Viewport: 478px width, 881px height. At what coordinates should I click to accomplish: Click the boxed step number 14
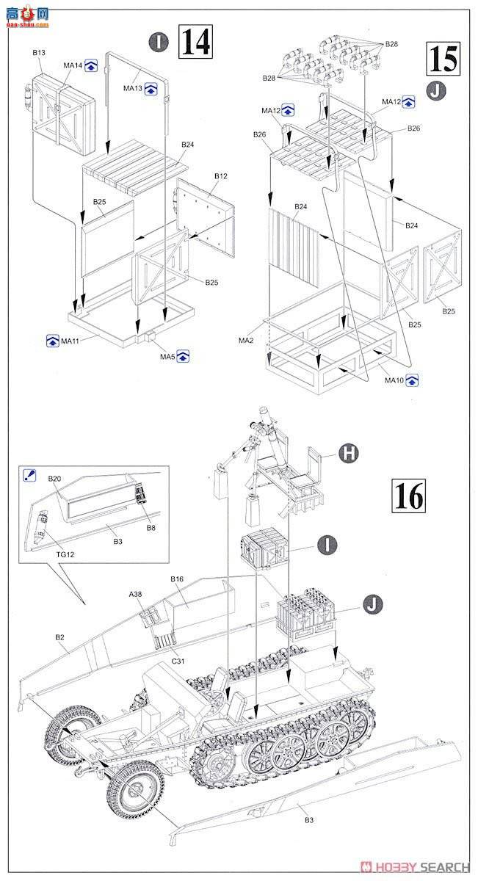click(x=195, y=42)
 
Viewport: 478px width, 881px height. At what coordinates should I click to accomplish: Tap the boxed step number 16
click(x=408, y=496)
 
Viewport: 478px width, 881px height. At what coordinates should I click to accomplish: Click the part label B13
click(x=39, y=53)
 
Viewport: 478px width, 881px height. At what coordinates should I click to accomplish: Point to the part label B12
click(x=222, y=176)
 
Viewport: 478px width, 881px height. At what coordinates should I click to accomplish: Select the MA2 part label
click(x=246, y=341)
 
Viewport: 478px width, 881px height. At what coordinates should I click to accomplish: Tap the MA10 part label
click(x=395, y=380)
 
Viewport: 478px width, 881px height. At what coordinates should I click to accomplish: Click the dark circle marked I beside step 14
click(x=158, y=42)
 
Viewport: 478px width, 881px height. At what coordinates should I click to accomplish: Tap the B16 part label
click(x=177, y=579)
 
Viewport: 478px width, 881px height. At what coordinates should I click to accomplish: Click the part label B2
click(x=59, y=638)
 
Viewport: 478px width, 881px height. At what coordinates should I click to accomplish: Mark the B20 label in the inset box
click(x=54, y=479)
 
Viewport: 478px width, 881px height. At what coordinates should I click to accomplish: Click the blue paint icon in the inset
click(x=29, y=474)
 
